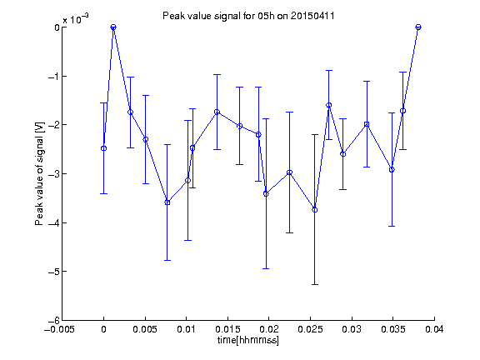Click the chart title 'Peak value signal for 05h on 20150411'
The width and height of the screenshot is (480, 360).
pos(248,16)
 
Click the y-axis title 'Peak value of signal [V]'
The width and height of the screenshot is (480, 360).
pos(39,173)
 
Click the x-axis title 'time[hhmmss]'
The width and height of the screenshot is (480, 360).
pos(248,340)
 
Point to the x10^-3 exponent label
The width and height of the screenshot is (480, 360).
pos(76,19)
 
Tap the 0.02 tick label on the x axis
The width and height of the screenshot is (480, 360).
pos(269,329)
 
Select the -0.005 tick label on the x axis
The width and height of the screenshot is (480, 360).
pos(59,329)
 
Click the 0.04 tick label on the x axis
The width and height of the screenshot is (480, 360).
pos(434,329)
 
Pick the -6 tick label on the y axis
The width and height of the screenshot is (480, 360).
pos(54,321)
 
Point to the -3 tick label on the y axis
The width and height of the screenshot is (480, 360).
pos(54,174)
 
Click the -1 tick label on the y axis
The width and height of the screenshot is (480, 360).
pos(54,76)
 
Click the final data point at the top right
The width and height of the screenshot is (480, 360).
pos(418,27)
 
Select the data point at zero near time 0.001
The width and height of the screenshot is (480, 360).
pos(113,27)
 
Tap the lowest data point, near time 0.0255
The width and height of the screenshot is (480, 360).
pos(315,210)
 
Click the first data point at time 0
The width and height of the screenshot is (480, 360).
pos(104,148)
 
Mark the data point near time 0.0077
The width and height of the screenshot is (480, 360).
pos(167,202)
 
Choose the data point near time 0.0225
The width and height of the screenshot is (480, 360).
pos(289,172)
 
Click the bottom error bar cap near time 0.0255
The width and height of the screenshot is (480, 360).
pos(315,285)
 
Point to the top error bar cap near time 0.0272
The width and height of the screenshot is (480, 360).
pos(329,70)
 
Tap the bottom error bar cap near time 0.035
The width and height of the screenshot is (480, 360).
pos(392,226)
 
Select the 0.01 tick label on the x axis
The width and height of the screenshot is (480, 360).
pos(186,329)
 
